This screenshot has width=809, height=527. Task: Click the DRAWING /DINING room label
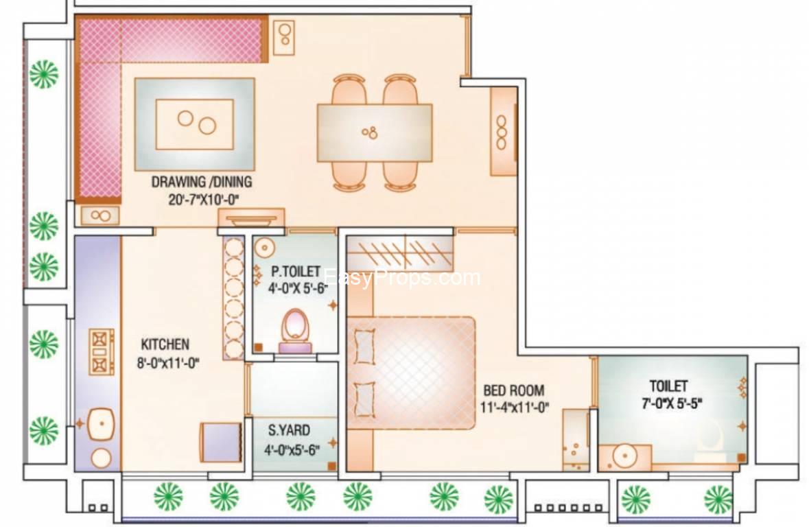point(201,183)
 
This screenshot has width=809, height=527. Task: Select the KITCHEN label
point(165,344)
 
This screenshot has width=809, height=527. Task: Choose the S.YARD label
point(289,431)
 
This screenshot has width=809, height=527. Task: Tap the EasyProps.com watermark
point(401,278)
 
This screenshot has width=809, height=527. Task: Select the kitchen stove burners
point(101,352)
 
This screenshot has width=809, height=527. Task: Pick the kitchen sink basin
point(101,425)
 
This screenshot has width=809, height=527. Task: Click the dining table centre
point(374,132)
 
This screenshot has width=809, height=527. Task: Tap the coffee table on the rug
point(195,124)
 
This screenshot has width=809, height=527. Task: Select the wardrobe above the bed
point(400,253)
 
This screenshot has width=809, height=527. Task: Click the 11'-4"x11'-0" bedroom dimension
point(515,408)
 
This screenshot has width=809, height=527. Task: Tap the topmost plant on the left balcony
point(43,73)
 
